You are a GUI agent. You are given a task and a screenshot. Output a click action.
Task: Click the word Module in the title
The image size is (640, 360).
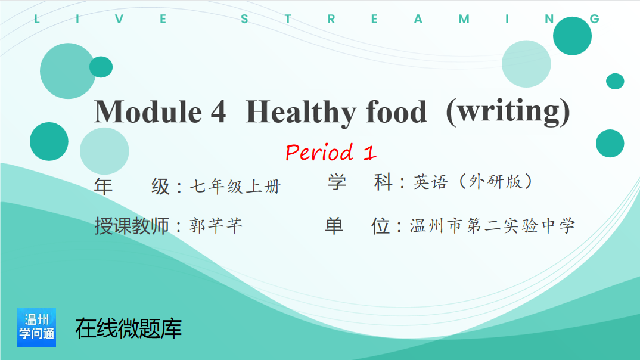pyautogui.click(x=148, y=111)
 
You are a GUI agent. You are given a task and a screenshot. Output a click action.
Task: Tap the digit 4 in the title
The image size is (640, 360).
pyautogui.click(x=218, y=111)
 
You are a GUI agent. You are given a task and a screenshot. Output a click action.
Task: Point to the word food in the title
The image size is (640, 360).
pyautogui.click(x=396, y=111)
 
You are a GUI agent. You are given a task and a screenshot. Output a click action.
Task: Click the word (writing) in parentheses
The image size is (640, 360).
pyautogui.click(x=508, y=112)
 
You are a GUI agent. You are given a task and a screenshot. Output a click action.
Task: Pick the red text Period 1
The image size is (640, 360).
pyautogui.click(x=331, y=152)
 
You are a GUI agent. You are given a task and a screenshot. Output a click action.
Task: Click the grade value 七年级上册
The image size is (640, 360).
pyautogui.click(x=235, y=187)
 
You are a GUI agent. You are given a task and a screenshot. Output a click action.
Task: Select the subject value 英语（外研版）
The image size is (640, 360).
pyautogui.click(x=473, y=182)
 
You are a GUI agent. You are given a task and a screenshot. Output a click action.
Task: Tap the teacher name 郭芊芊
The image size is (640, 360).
pyautogui.click(x=216, y=226)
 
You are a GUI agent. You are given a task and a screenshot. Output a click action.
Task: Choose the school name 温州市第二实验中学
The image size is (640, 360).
pyautogui.click(x=493, y=226)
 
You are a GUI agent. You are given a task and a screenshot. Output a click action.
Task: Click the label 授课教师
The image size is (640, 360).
pyautogui.click(x=132, y=226)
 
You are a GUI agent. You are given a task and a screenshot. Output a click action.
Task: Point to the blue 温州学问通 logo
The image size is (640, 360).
pyautogui.click(x=37, y=327)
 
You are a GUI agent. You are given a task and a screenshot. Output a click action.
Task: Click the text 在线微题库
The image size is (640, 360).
pyautogui.click(x=129, y=328)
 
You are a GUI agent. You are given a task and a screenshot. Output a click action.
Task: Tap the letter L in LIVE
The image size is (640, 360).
pyautogui.click(x=37, y=19)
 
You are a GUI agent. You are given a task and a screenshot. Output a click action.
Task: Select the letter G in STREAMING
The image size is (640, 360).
pyautogui.click(x=595, y=19)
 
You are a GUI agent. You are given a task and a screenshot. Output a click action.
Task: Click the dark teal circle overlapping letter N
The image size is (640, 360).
pyautogui.click(x=572, y=36)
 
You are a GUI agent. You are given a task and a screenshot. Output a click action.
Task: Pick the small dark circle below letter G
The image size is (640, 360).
pyautogui.click(x=615, y=81)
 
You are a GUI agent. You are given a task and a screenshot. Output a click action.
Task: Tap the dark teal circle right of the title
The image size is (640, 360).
pyautogui.click(x=610, y=143)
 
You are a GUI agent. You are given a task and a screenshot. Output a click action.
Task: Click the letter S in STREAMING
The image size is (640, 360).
pyautogui.click(x=244, y=19)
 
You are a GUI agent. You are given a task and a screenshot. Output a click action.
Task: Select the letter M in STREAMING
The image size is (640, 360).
pyautogui.click(x=464, y=19)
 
